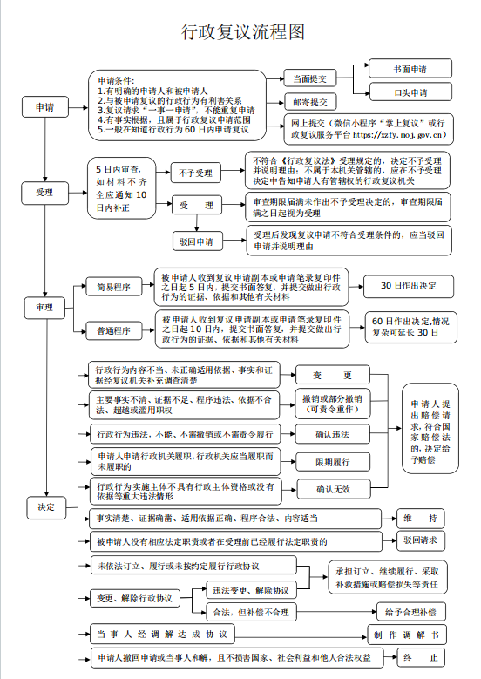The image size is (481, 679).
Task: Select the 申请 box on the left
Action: pos(44,106)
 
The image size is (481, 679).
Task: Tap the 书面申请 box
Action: pos(409,68)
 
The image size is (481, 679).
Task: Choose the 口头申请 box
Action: pos(409,92)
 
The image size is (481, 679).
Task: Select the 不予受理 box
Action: pos(197,173)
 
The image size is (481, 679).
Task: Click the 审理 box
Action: pos(44,308)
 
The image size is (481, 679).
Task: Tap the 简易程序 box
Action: pos(113,286)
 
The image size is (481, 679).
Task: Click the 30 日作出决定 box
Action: pos(409,286)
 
